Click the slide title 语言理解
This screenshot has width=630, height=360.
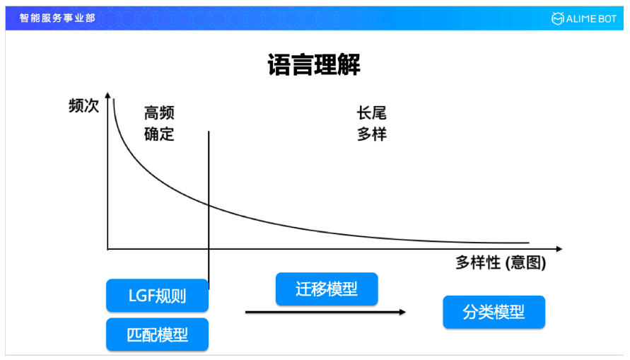[x=314, y=65]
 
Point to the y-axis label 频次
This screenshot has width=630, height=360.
[x=83, y=106]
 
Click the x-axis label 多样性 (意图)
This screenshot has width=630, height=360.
[x=501, y=263]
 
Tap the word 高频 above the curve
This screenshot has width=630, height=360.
[x=159, y=113]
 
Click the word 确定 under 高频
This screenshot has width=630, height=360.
[x=159, y=134]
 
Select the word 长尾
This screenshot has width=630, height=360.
[x=372, y=113]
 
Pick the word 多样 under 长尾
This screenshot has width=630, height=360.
[x=372, y=134]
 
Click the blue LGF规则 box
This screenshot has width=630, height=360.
[x=158, y=296]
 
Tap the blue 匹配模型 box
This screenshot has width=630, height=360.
[x=158, y=335]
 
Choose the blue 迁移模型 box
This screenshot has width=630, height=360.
[x=327, y=289]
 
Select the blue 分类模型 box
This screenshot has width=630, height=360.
[x=494, y=312]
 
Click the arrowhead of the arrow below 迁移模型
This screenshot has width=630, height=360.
[x=402, y=311]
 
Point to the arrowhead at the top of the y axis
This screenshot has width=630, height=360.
[x=107, y=94]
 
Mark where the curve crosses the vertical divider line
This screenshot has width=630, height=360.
[x=209, y=204]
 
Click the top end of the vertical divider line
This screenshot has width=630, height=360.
[x=209, y=132]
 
